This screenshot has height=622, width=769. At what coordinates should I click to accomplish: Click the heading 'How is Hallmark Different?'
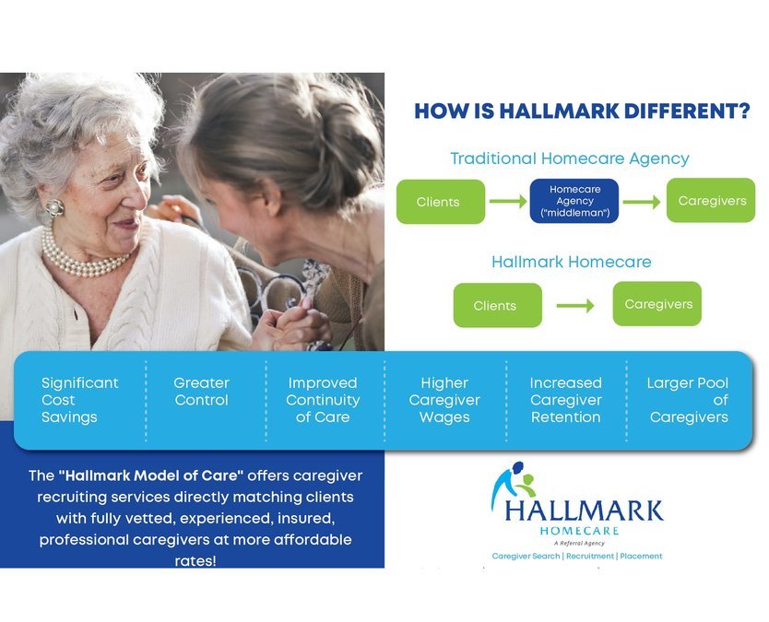(582, 112)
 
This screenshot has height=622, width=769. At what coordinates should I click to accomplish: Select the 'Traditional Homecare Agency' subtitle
(569, 158)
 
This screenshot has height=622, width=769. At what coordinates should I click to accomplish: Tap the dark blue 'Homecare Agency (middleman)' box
(574, 201)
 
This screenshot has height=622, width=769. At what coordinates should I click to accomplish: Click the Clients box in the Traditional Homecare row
(440, 202)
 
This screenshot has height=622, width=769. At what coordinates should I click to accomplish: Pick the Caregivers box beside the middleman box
(712, 200)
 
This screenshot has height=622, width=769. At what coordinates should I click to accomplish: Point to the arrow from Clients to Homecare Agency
(507, 202)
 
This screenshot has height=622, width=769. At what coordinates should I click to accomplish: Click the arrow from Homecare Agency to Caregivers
(642, 202)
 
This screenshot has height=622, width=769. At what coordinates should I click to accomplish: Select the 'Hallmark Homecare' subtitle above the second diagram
(571, 262)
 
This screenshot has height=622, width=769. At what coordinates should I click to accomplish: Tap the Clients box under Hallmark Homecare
(496, 305)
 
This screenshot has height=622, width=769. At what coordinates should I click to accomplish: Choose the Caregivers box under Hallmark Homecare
(657, 303)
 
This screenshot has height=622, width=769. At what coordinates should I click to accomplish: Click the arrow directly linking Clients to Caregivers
(576, 305)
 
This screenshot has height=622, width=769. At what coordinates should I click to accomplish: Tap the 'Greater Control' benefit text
(201, 392)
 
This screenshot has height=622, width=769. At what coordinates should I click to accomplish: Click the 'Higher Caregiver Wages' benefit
(444, 400)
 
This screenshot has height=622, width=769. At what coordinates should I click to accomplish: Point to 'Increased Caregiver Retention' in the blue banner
(565, 400)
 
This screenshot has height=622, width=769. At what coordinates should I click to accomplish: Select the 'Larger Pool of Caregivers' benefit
(688, 400)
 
